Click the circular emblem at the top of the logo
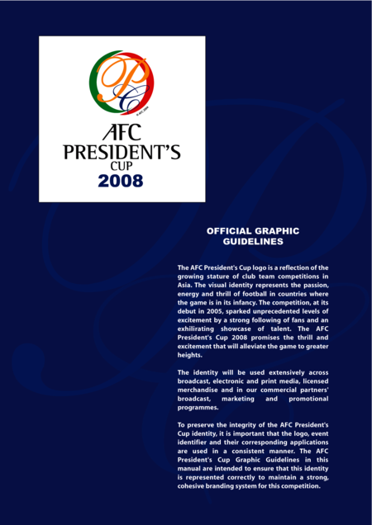click(121, 83)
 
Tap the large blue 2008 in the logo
click(121, 180)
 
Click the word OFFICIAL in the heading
click(235, 231)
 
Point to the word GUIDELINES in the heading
click(254, 242)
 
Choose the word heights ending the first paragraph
click(190, 355)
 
